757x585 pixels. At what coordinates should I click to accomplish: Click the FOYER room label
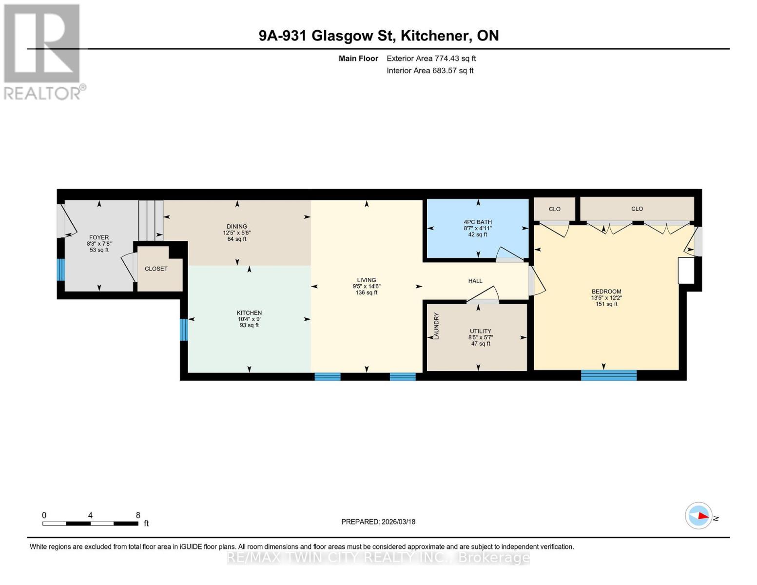[99, 237]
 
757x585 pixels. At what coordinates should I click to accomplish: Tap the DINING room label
[237, 226]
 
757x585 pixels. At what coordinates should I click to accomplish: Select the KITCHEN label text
[249, 313]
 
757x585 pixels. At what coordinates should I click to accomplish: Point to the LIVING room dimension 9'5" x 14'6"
[367, 287]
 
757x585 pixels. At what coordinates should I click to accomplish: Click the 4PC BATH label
[478, 222]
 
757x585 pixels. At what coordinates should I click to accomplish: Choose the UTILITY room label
[480, 331]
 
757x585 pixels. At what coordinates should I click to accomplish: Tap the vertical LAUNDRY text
[436, 326]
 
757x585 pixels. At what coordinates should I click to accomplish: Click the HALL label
[475, 281]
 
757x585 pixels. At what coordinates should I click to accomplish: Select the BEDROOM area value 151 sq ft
[606, 304]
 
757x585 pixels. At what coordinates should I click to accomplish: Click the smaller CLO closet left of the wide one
[555, 209]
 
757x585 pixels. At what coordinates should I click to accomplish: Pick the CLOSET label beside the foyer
[156, 269]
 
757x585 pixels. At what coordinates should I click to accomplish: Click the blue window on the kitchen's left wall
[184, 330]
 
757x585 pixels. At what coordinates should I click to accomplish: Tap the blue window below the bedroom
[609, 375]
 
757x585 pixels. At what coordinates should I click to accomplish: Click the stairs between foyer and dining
[151, 220]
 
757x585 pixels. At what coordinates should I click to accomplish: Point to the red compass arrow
[701, 516]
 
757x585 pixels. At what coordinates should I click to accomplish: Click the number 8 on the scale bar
[138, 515]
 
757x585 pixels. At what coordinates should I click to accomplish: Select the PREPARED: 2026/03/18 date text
[378, 522]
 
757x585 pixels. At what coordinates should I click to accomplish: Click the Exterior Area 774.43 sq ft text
[431, 58]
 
